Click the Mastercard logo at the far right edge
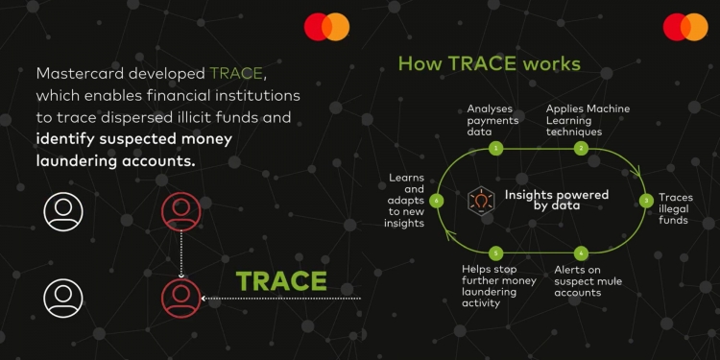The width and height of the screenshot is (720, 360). click(684, 27)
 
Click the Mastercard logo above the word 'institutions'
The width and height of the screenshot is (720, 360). click(326, 27)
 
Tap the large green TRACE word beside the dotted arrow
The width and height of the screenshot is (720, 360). click(281, 281)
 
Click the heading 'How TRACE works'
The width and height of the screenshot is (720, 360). click(489, 64)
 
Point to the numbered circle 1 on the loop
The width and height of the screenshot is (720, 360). click(495, 149)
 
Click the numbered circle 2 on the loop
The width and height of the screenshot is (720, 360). click(581, 149)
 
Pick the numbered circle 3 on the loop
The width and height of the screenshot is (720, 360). click(646, 200)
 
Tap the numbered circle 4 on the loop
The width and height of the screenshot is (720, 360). click(581, 252)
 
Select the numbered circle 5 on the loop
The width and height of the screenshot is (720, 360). click(495, 252)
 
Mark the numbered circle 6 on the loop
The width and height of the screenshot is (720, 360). click(437, 201)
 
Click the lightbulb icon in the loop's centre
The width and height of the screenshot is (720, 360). click(480, 200)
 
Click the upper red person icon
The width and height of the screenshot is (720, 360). click(181, 210)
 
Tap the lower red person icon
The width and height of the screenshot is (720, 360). click(181, 298)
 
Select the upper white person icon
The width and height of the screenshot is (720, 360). click(63, 210)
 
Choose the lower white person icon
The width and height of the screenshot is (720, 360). click(63, 298)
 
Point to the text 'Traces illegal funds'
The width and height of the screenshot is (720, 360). click(675, 208)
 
